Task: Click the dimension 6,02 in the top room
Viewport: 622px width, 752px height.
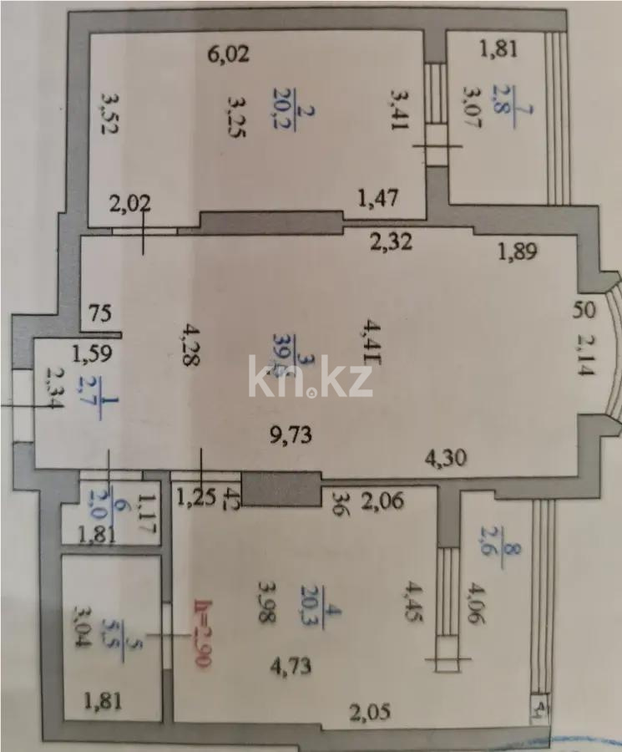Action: pyautogui.click(x=229, y=55)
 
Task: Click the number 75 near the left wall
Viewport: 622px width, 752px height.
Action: pyautogui.click(x=101, y=315)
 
